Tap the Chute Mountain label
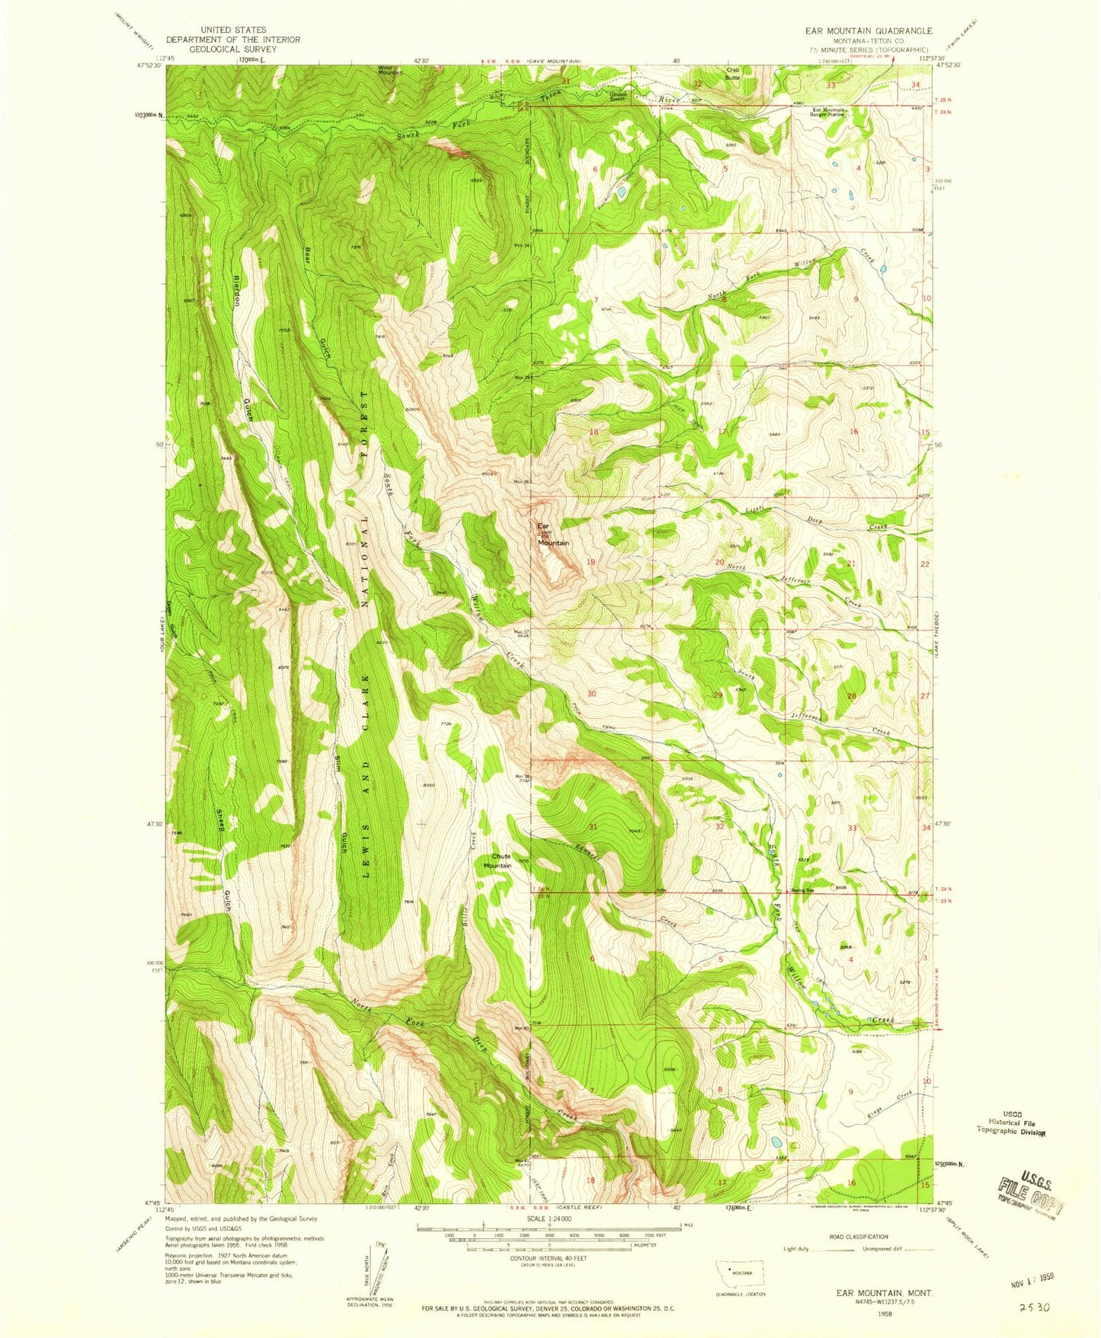(x=498, y=861)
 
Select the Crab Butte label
(x=732, y=74)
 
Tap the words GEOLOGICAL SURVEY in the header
(x=233, y=49)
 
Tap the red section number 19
(x=591, y=562)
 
